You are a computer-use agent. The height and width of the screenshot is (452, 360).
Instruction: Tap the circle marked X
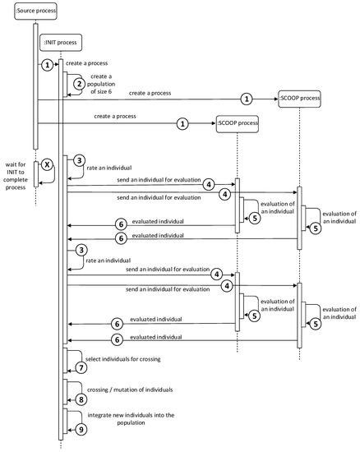pos(47,164)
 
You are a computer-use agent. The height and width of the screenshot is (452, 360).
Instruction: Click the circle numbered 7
pos(80,367)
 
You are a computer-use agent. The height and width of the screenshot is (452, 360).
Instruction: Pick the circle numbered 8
pos(80,398)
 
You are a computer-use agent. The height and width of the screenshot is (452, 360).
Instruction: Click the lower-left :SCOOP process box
pos(238,125)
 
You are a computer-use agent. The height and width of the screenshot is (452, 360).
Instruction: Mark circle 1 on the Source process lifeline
pos(48,64)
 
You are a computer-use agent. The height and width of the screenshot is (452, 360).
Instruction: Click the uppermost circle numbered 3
pos(80,160)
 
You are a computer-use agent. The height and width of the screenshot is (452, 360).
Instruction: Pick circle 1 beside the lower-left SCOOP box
pos(182,124)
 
